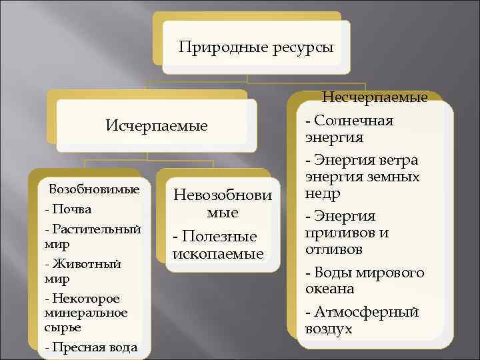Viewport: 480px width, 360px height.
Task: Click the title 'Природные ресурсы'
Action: [257, 47]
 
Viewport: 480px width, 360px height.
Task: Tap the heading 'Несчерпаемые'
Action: [375, 98]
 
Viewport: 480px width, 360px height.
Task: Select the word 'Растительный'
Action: [95, 229]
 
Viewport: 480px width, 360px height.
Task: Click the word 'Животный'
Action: [86, 263]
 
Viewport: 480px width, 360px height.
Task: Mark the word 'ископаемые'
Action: [218, 254]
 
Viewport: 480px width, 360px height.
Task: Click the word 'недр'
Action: [323, 194]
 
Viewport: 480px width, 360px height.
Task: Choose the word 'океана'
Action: [330, 289]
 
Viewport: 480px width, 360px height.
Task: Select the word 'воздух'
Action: [329, 329]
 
